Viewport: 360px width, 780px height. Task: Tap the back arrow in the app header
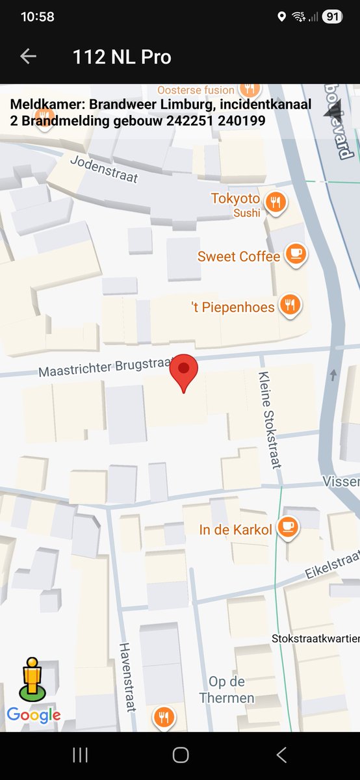point(28,57)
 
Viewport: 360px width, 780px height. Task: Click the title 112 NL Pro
point(122,57)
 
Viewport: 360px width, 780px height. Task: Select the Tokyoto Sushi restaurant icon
point(276,203)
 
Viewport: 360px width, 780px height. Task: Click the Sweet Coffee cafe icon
point(296,254)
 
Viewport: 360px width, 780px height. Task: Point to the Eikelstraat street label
point(332,566)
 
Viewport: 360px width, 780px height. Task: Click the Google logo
point(34,716)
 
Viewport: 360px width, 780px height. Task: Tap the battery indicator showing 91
point(331,18)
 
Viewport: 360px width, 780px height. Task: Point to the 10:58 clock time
point(38,18)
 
